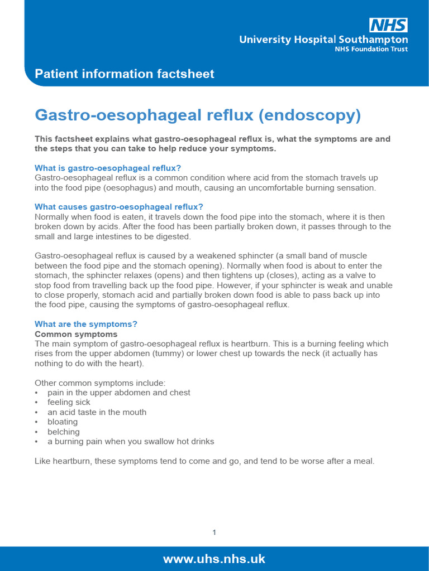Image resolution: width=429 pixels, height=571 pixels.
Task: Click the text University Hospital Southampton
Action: point(323,40)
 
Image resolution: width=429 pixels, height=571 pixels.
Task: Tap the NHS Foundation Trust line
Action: point(371,49)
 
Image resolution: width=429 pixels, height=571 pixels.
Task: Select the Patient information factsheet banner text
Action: point(125,74)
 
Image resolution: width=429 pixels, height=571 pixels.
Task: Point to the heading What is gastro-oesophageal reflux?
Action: point(108,168)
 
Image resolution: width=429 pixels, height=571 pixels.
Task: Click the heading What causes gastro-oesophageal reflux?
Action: point(119,207)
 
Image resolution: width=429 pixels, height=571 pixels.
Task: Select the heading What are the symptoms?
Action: point(86,324)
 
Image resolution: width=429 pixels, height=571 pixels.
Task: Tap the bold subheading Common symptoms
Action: point(76,334)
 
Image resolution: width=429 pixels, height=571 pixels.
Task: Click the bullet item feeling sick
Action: point(69,402)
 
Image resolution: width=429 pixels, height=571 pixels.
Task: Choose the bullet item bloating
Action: point(63,422)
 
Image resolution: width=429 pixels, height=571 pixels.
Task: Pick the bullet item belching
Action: point(64,432)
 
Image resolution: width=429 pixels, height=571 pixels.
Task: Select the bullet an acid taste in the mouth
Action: point(97,412)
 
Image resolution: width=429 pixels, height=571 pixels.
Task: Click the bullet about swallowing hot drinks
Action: point(131,441)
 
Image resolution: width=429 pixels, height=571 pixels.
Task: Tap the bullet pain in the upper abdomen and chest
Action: point(118,393)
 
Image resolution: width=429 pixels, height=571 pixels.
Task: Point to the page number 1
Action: point(214,533)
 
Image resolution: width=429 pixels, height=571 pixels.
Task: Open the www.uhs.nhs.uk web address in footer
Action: point(214,559)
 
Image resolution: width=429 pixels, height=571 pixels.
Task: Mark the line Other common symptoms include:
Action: point(100,383)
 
